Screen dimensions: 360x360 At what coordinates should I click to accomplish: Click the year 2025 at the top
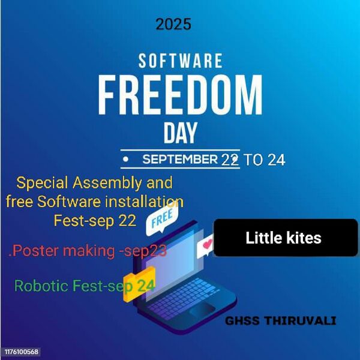tap(173, 25)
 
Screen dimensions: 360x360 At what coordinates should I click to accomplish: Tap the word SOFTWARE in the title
tap(180, 61)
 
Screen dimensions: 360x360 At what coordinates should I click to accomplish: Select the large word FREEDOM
tap(180, 94)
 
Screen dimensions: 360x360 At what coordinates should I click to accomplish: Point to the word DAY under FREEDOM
tap(180, 133)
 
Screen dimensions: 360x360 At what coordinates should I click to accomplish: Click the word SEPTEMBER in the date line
tap(179, 160)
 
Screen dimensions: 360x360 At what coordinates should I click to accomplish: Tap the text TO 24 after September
tap(265, 160)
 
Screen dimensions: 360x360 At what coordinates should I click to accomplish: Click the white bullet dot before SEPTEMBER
tap(126, 160)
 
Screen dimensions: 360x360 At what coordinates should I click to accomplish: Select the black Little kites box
tap(286, 238)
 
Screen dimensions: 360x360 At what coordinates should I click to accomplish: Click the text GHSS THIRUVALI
tap(280, 321)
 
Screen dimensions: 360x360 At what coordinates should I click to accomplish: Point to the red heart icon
tap(208, 245)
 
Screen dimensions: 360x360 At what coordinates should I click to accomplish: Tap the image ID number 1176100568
tap(22, 351)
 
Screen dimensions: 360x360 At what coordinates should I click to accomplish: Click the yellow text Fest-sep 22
tap(95, 220)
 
